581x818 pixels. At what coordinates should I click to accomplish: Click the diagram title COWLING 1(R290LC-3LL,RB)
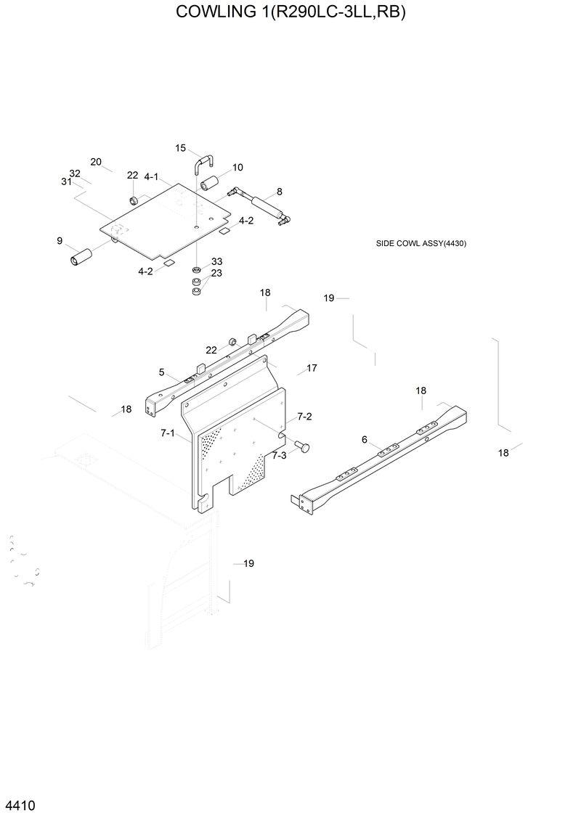point(290,12)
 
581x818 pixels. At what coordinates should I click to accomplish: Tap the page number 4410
point(20,806)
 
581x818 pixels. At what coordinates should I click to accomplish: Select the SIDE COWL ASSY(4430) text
point(420,243)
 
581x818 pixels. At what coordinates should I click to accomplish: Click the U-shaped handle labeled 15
point(203,163)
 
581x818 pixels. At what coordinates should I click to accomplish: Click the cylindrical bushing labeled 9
point(81,257)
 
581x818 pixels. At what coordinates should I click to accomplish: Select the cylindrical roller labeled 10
point(210,184)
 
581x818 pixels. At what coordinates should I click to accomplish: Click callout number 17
point(312,369)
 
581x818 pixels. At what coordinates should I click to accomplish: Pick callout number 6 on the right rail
point(365,439)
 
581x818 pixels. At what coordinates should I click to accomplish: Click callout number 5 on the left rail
point(161,372)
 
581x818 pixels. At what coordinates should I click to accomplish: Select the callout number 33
point(216,261)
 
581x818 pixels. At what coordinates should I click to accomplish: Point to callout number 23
point(216,273)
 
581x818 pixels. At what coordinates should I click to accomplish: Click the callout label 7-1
point(168,433)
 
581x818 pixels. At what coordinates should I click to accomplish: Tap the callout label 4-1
point(151,176)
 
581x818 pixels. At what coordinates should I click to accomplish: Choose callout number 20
point(96,162)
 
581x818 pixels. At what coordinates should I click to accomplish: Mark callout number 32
point(74,173)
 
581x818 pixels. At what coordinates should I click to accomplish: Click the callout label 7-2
point(304,417)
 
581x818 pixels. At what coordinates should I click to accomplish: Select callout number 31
point(66,181)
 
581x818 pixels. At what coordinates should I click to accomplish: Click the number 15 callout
point(181,148)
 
